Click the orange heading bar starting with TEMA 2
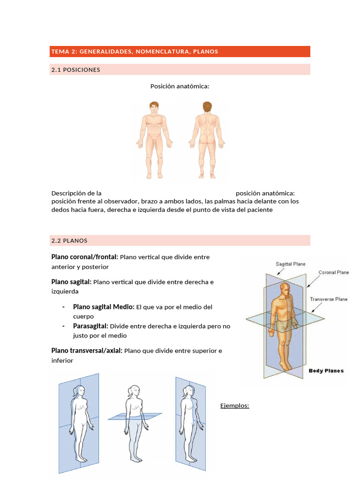pos(180,52)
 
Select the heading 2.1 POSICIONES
pos(75,70)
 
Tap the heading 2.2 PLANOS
pos(69,240)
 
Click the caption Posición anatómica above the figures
pos(180,86)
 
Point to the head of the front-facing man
pos(154,107)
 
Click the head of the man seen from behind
pos(207,107)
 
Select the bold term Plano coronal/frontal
pos(84,257)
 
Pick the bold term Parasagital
pos(90,326)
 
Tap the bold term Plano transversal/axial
pos(87,351)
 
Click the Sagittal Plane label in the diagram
pos(291,264)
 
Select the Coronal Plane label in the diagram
pos(334,272)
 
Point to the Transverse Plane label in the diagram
pos(329,299)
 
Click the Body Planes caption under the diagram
pos(326,371)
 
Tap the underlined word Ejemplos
pos(234,405)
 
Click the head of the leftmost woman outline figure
pos(80,391)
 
